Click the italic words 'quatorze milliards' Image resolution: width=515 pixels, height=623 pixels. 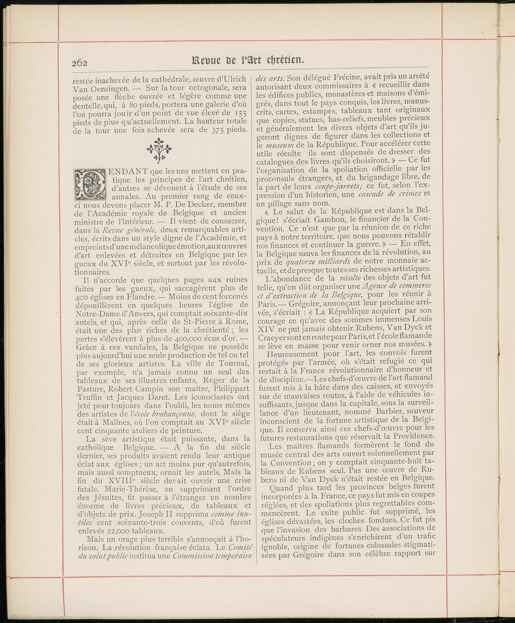tap(319, 261)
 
